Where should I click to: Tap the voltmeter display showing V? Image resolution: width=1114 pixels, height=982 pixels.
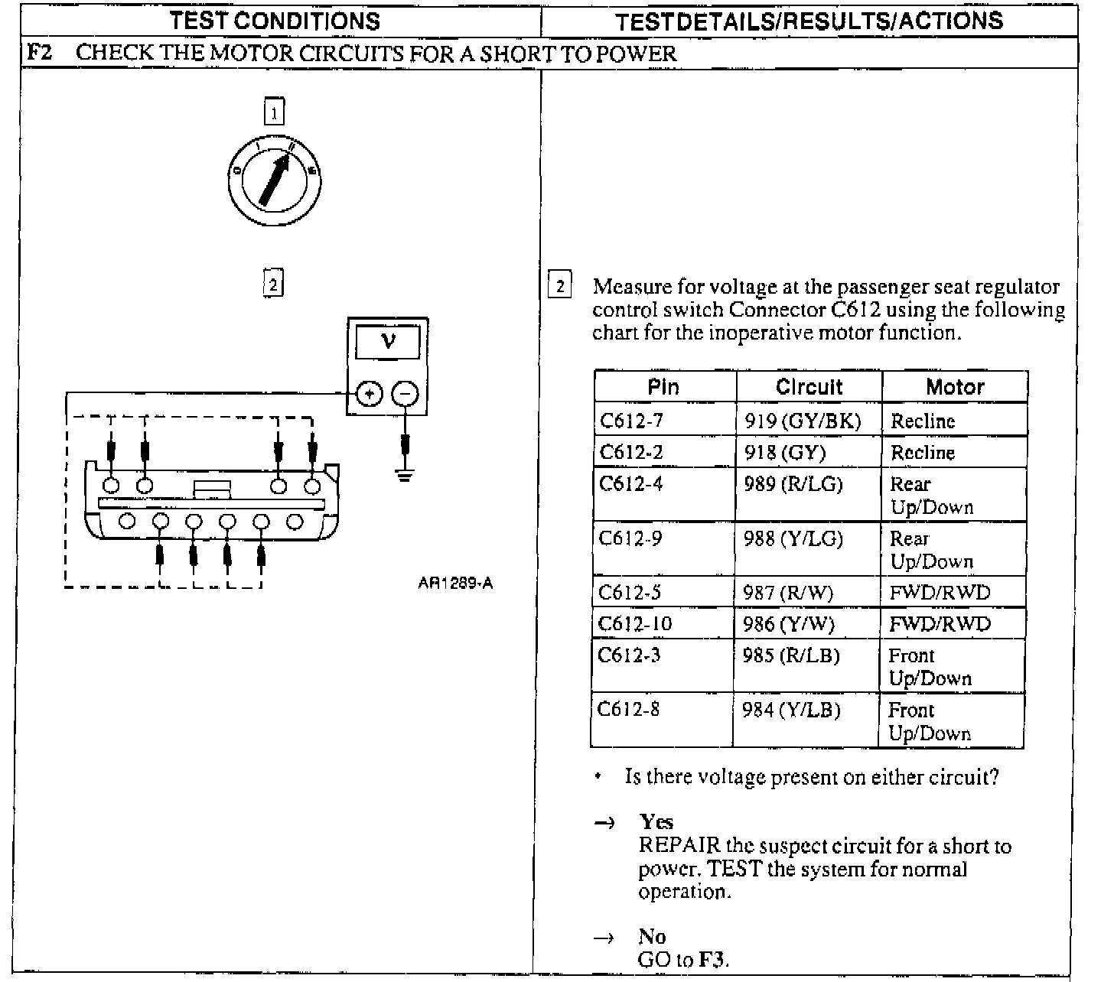(388, 341)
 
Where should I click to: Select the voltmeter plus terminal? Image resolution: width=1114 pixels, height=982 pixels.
(370, 394)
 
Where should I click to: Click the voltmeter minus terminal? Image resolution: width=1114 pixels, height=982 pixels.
(406, 394)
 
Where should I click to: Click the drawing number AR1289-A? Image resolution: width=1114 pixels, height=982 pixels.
(455, 584)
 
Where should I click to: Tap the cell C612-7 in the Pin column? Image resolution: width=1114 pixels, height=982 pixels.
(631, 421)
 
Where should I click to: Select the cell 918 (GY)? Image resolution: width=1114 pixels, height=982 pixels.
(785, 453)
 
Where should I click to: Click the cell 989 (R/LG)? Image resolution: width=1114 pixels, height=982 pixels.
(793, 484)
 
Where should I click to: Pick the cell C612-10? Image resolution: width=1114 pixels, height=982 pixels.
(635, 624)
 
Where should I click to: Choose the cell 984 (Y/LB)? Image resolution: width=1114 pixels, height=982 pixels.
(791, 710)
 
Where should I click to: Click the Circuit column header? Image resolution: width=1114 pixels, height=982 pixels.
(809, 387)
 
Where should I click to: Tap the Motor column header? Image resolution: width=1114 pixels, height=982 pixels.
(954, 387)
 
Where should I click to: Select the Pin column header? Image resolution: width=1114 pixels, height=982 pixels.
(663, 387)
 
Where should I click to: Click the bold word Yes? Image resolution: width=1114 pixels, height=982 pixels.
(656, 822)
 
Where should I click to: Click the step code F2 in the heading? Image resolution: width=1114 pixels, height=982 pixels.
(39, 53)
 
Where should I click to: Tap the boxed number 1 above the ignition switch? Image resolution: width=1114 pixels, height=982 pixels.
(273, 112)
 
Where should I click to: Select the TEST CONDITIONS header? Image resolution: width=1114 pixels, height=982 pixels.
(275, 21)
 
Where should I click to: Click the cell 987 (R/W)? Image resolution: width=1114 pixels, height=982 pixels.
(788, 593)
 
